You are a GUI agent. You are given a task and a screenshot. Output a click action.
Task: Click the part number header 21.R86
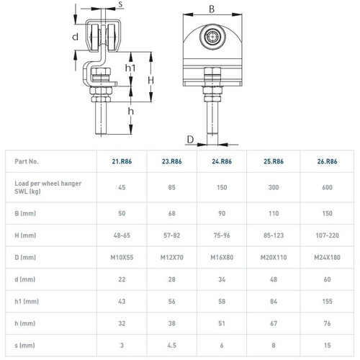point(122,161)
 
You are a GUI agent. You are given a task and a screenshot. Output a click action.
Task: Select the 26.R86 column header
point(327,161)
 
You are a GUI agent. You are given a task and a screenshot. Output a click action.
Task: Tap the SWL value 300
point(274,187)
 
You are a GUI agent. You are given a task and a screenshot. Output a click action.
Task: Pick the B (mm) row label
point(25,213)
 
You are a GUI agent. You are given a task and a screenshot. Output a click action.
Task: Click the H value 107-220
point(327,235)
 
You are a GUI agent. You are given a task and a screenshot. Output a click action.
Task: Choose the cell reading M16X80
point(222,257)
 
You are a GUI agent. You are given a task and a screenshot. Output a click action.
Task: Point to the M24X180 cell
point(327,257)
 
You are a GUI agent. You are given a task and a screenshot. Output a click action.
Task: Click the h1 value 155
point(327,301)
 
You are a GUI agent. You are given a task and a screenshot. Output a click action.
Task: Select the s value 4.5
point(172,346)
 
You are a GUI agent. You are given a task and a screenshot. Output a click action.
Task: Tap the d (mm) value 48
point(274,279)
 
